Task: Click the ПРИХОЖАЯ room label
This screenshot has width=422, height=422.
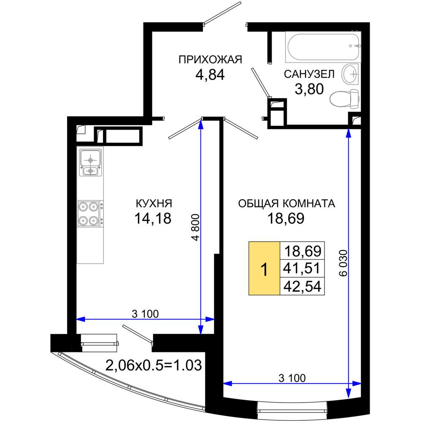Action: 210,60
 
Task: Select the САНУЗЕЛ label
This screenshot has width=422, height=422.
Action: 309,74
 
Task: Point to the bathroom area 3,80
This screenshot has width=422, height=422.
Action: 309,89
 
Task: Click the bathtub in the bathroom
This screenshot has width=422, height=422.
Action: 323,47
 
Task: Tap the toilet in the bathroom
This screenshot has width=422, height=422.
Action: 345,99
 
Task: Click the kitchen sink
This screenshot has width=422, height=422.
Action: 90,162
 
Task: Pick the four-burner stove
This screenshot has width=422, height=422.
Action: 90,214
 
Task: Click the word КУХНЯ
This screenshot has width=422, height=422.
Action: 154,203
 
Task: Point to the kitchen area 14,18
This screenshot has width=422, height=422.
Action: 153,218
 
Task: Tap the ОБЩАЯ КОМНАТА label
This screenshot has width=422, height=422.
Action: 287,203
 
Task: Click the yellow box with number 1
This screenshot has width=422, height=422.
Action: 264,268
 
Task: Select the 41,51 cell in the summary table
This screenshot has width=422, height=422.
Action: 302,268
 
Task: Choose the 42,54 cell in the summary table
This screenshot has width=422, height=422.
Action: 302,286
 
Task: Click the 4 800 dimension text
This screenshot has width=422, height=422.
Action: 195,227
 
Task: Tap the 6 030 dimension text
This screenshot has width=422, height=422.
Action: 344,263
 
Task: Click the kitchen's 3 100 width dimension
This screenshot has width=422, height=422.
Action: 145,314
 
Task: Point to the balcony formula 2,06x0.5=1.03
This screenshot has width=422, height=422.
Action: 154,365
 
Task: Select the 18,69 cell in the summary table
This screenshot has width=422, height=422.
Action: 302,251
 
